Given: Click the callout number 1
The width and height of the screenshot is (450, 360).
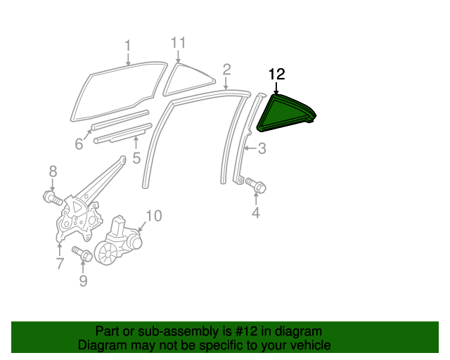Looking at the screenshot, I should pos(127,46).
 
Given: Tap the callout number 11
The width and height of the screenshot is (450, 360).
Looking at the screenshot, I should pos(178,42).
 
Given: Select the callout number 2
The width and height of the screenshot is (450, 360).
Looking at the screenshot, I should pos(226,69).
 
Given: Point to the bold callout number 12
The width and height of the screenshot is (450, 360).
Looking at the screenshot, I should pos(277,75).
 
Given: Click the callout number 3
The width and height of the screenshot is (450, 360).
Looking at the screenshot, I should pos(262,148).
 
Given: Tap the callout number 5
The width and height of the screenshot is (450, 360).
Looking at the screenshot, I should pos(136,157).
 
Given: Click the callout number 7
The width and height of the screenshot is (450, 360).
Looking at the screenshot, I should pos(59,264).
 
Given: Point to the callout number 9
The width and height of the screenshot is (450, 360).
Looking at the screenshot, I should pos(83,281).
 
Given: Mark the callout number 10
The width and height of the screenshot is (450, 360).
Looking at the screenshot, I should pos(153,215).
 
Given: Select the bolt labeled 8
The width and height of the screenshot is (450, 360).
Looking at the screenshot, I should pos(51,196).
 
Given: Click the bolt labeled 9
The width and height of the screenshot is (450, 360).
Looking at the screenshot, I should pos(80,253).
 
